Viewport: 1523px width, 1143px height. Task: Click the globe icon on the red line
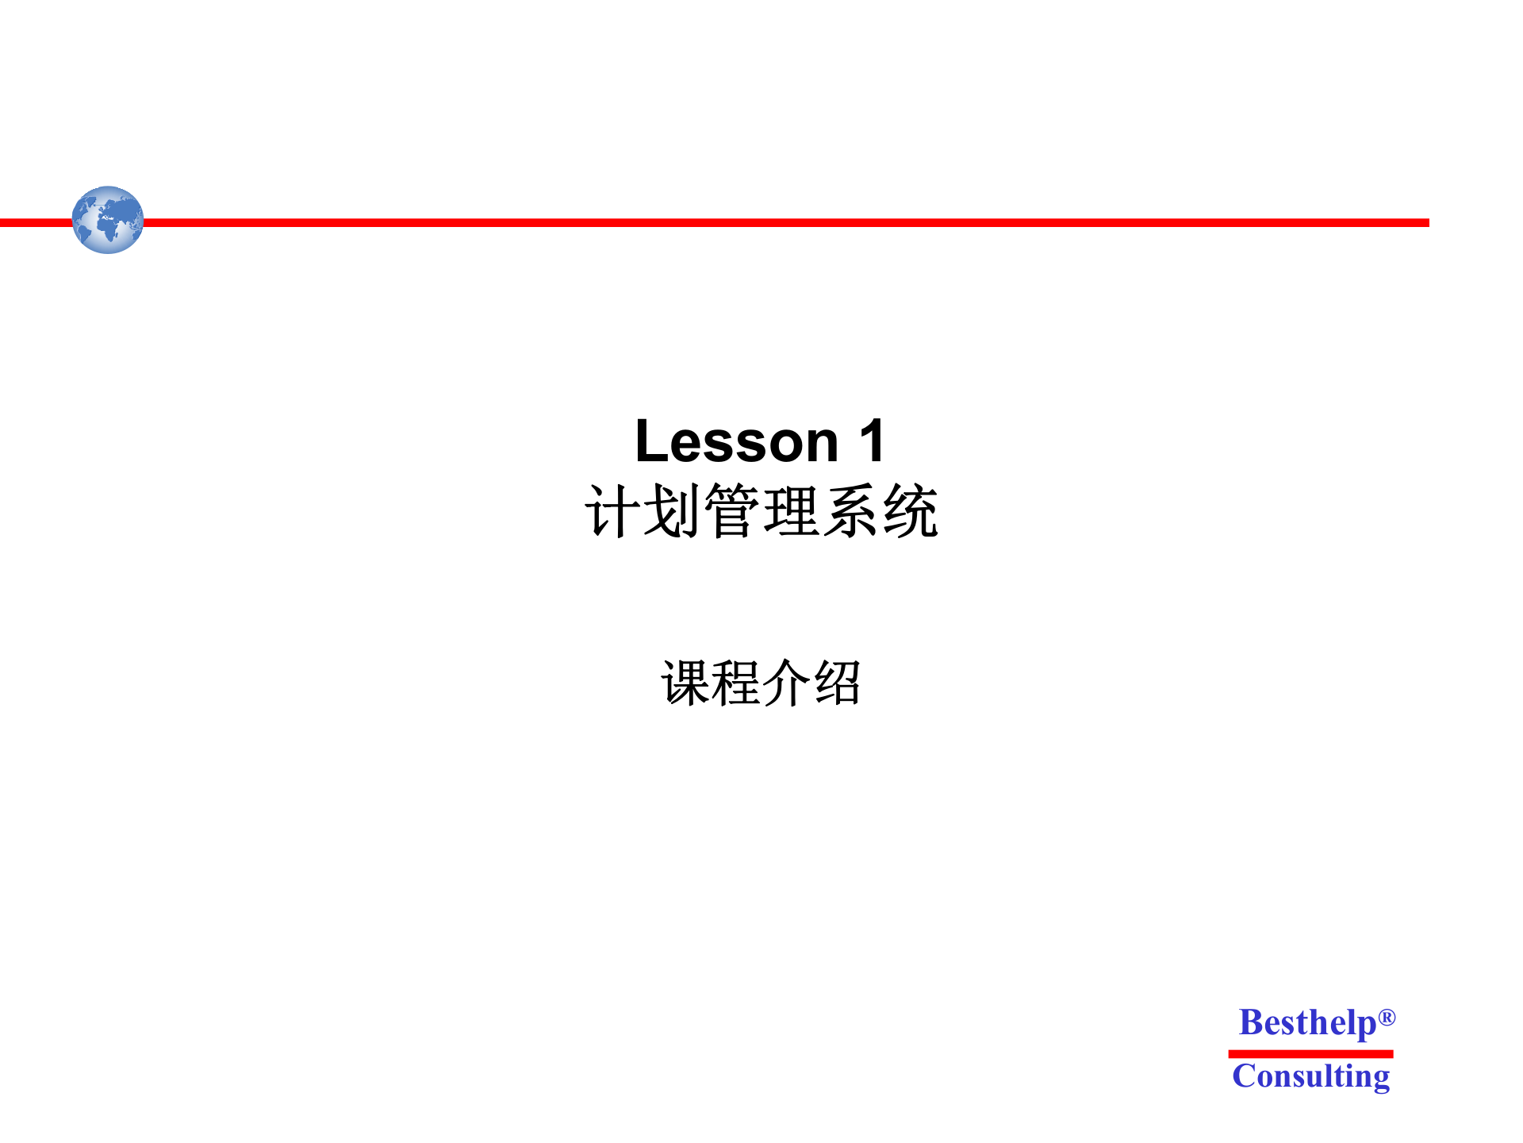coord(108,220)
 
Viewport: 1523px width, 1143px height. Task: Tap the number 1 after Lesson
coord(872,441)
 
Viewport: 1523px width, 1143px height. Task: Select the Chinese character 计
coord(612,512)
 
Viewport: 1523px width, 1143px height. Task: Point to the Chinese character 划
coord(671,512)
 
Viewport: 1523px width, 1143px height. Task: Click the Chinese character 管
coord(731,512)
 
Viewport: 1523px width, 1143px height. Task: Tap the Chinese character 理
coord(791,512)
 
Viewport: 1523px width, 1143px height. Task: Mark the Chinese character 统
coord(911,512)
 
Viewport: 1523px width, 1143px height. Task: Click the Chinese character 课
coord(685,683)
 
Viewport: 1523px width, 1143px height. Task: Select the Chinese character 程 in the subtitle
coord(735,683)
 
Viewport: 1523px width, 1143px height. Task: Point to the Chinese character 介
coord(786,683)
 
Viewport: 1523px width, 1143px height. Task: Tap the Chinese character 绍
coord(837,683)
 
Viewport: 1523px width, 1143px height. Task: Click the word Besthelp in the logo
coord(1307,1023)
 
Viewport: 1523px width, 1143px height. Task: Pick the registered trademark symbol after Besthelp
coord(1387,1017)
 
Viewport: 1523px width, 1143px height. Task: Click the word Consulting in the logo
coord(1310,1076)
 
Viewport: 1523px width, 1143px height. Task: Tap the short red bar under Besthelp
coord(1310,1054)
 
